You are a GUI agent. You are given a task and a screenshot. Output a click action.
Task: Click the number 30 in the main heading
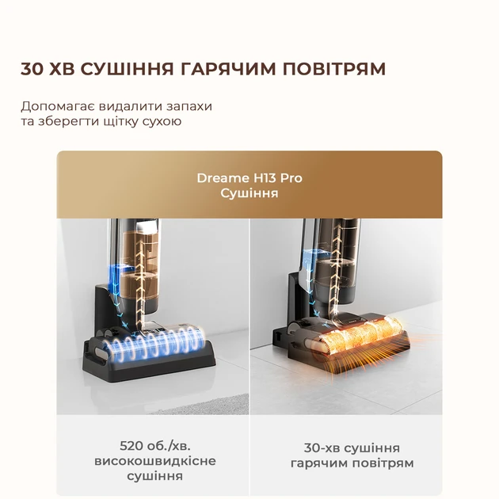pyautogui.click(x=33, y=69)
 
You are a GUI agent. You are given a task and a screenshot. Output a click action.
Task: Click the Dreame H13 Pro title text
pyautogui.click(x=249, y=177)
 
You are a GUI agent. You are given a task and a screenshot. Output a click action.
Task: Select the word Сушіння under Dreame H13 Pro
pyautogui.click(x=249, y=193)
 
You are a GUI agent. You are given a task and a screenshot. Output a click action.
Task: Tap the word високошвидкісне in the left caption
pyautogui.click(x=154, y=461)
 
